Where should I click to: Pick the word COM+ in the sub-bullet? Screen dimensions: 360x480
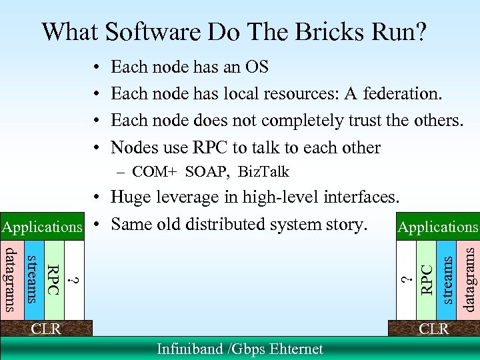(x=154, y=171)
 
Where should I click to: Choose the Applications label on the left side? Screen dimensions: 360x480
(x=41, y=227)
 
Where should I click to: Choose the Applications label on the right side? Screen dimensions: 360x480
(x=438, y=227)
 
